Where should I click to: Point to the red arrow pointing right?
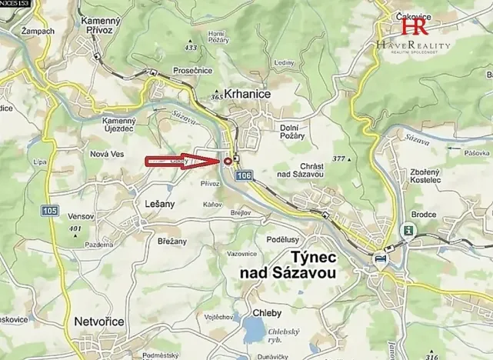[182, 161]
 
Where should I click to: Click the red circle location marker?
[228, 161]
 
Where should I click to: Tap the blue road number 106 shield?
[244, 177]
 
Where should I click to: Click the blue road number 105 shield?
[52, 210]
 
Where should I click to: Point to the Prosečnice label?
[172, 71]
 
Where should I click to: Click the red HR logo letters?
[415, 27]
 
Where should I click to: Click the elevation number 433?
[191, 48]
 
